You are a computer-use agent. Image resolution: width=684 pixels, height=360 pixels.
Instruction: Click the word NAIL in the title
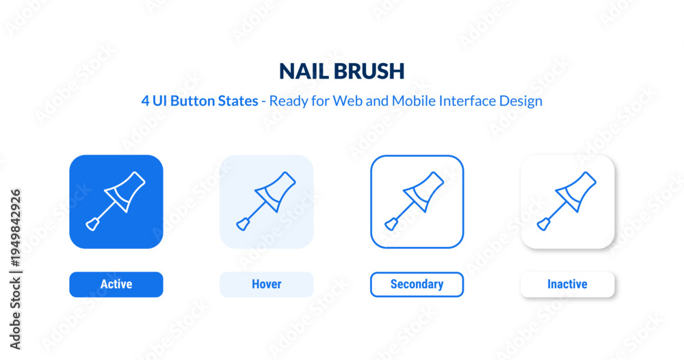[304, 71]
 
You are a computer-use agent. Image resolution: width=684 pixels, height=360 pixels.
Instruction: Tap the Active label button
[116, 285]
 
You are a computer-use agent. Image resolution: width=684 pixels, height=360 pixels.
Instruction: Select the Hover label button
[267, 285]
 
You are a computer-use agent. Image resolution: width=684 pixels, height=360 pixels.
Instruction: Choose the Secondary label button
[417, 285]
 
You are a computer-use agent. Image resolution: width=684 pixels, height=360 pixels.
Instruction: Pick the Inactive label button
[568, 285]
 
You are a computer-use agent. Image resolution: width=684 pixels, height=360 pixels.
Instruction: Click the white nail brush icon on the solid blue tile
[116, 201]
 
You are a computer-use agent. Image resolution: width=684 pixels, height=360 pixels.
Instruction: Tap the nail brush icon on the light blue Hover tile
[266, 201]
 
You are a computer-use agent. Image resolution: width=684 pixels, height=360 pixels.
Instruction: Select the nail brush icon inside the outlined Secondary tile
[415, 201]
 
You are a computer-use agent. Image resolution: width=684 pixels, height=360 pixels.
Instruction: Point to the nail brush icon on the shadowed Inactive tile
[566, 201]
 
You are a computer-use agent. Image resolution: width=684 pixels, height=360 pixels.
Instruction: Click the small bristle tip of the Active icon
[92, 224]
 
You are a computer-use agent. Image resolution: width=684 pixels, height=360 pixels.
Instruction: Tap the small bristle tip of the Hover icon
[243, 224]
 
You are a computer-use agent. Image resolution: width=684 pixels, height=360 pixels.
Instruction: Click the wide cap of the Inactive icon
[576, 191]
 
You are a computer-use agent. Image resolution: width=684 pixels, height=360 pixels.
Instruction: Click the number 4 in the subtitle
[145, 101]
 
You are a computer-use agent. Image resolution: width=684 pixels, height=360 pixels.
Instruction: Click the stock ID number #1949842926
[15, 228]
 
